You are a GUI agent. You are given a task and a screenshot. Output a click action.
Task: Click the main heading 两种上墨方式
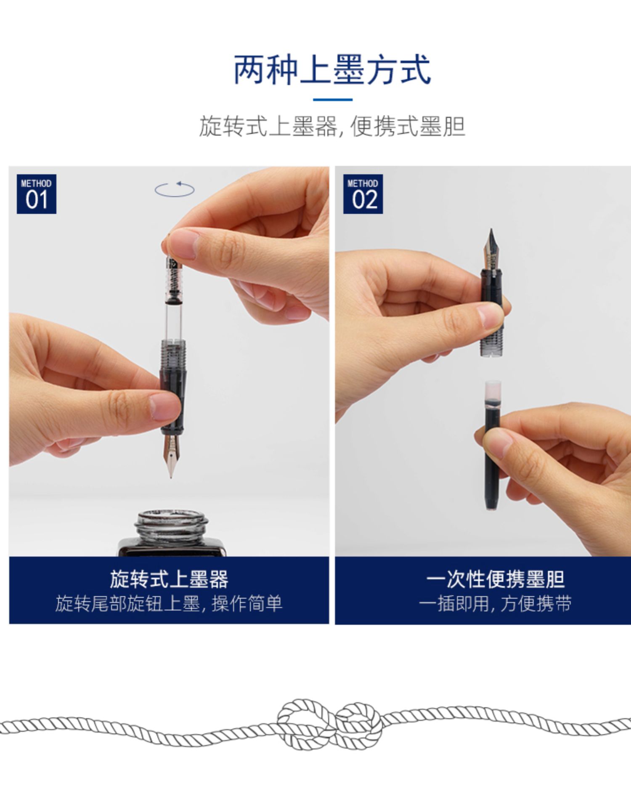(332, 70)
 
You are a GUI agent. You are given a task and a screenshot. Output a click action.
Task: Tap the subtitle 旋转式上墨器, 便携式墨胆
(332, 126)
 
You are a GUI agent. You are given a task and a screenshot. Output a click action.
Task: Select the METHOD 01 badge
(37, 194)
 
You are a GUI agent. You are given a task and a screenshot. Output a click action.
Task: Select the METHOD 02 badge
(363, 194)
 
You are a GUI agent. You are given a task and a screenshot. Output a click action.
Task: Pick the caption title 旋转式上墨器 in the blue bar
(169, 579)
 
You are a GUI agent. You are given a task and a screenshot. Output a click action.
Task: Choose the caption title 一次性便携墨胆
(495, 579)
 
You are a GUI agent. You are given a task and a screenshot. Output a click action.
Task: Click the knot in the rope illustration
(330, 724)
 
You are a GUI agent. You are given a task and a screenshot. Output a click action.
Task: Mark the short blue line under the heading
(332, 100)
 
